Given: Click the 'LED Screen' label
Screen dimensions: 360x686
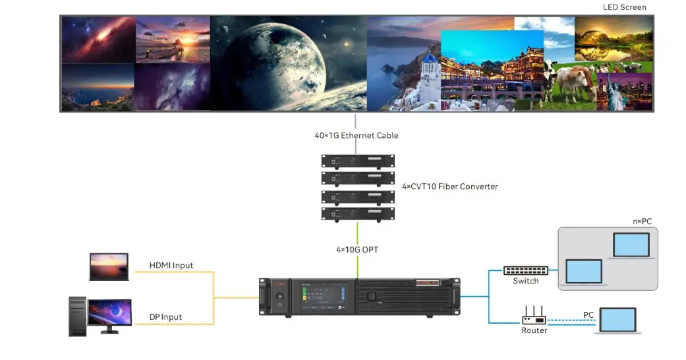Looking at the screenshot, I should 624,7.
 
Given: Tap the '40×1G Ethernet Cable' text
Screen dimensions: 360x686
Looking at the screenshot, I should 356,135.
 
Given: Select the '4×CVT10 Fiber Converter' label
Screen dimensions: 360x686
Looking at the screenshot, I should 449,187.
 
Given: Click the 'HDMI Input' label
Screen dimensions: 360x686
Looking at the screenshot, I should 171,266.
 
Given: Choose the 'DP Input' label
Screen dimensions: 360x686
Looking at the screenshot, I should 165,317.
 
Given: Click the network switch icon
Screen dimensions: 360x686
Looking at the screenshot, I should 525,270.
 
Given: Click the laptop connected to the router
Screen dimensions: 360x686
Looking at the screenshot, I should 615,320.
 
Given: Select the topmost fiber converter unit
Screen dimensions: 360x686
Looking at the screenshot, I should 357,161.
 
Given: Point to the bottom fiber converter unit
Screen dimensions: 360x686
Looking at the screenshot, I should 357,213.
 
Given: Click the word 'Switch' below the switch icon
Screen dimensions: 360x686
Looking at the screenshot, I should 525,282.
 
